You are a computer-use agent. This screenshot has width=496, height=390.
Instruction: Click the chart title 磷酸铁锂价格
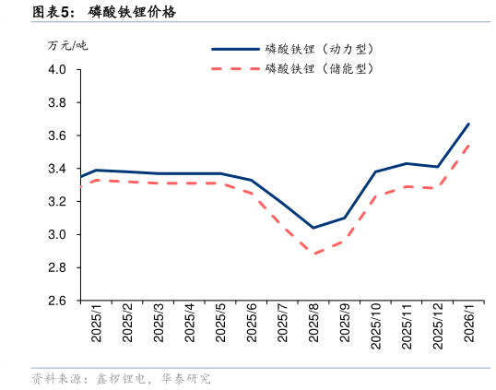point(132,12)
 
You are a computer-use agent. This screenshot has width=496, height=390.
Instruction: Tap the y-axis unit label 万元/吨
point(67,46)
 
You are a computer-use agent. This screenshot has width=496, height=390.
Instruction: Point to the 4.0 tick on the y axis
point(57,69)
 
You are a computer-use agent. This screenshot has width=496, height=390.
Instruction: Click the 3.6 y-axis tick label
point(57,136)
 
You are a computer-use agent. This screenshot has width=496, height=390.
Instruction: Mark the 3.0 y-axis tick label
point(57,235)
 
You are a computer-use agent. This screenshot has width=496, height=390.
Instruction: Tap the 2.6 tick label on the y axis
point(57,301)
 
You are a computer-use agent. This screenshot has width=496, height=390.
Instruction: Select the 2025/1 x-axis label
point(97,324)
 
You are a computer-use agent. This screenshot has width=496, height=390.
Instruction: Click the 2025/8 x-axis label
point(313,324)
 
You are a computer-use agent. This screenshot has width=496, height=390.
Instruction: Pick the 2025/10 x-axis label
point(375,326)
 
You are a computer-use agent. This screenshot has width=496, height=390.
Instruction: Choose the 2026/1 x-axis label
point(468,324)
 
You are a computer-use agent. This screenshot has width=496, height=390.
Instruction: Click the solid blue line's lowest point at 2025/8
point(313,228)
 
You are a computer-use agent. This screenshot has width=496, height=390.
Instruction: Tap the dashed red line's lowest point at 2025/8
point(313,254)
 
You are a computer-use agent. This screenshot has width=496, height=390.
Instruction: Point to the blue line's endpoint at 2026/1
point(468,124)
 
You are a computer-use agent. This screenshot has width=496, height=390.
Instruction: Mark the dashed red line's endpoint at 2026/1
point(468,145)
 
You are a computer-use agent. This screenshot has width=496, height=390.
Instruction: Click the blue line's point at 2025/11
point(407,163)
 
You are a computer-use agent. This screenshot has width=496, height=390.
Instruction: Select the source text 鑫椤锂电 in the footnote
point(121,379)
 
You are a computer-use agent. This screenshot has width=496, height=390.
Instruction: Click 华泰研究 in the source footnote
point(186,379)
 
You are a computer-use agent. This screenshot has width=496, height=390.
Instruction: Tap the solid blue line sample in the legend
point(236,49)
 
